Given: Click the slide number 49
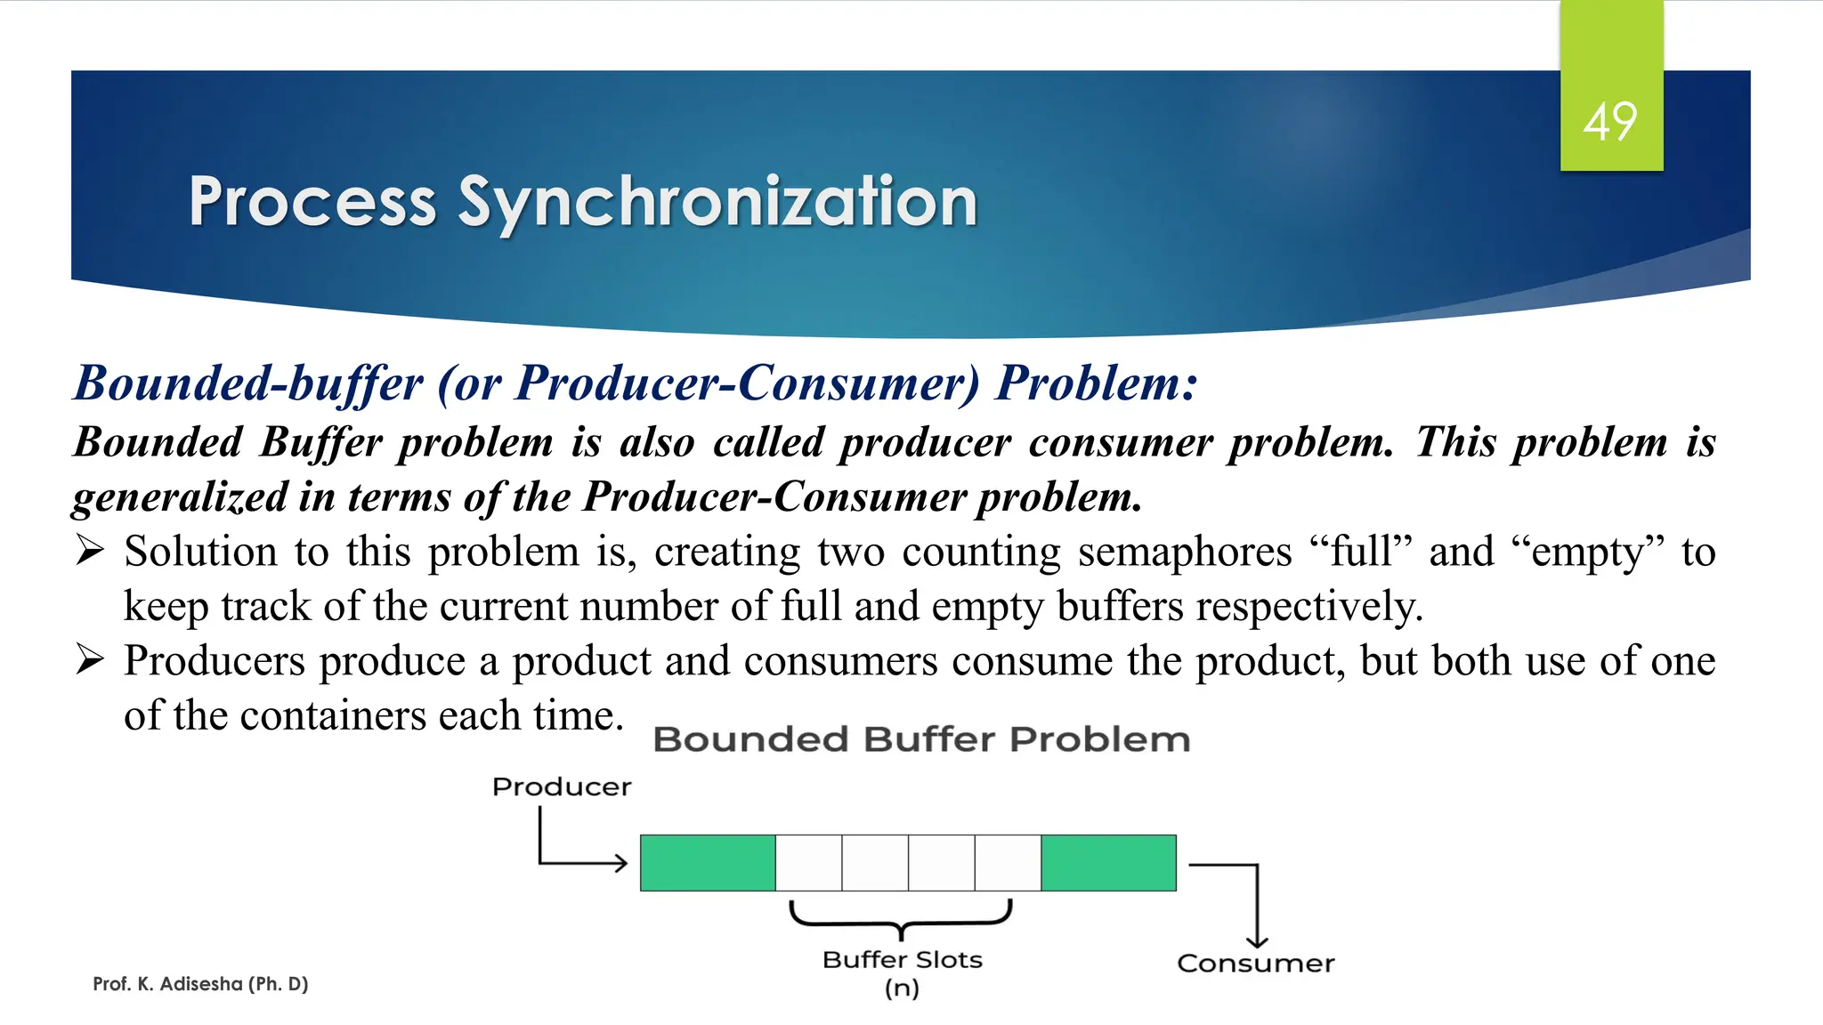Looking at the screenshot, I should (1609, 122).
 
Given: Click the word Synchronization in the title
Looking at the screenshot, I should (717, 203).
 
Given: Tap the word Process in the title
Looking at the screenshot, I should (312, 203).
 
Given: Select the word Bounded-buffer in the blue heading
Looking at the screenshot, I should (248, 384).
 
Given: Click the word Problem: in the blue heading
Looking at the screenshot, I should (1096, 384).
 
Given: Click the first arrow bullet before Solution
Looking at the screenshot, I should (90, 551).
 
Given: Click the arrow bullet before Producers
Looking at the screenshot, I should (90, 660).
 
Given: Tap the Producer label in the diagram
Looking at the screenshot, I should (562, 787).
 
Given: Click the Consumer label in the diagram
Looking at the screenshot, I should (1255, 964).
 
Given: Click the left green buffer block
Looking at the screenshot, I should (708, 863).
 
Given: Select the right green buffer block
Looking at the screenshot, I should (1108, 863).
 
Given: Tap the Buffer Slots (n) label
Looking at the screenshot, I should (902, 972).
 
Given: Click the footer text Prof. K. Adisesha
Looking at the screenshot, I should (200, 984).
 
